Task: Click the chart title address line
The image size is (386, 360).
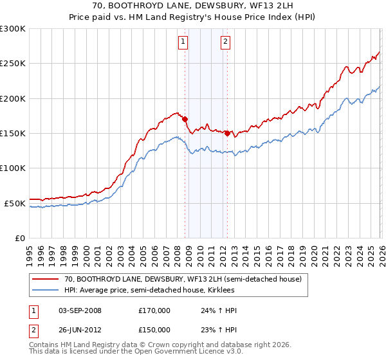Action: (193, 7)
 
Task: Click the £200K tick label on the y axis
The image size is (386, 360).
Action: (13, 98)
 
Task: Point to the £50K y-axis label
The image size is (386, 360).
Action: (15, 203)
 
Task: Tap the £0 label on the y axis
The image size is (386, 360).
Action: (20, 238)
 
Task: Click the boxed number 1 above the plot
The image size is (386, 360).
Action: (183, 42)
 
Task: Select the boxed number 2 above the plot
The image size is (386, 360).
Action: (226, 42)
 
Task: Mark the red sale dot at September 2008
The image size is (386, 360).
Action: (185, 119)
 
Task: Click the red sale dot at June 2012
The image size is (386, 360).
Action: (227, 133)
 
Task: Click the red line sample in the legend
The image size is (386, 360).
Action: (46, 279)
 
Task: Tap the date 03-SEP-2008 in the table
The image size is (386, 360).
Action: (80, 310)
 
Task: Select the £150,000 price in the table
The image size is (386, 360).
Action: (154, 329)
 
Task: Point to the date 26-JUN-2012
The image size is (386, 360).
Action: (80, 329)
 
